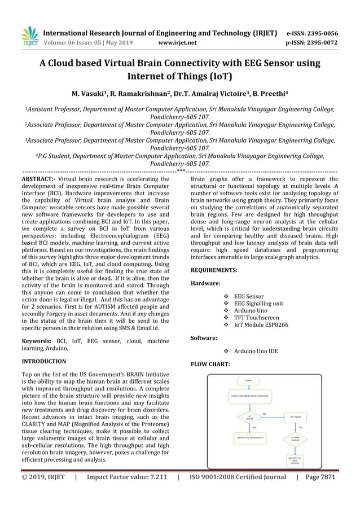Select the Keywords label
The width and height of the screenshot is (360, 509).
36,341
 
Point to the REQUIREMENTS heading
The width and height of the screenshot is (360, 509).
214,270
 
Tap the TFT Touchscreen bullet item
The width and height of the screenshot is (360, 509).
256,318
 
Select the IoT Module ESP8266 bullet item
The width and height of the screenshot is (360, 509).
261,326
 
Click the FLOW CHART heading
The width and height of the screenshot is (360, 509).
210,364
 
